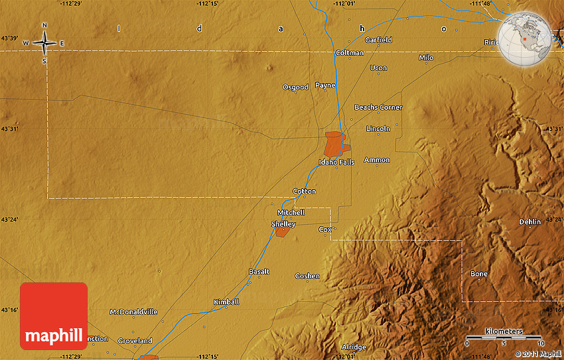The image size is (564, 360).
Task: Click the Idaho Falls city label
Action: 336,162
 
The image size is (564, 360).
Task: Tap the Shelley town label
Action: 283,224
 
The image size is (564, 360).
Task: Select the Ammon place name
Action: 377,160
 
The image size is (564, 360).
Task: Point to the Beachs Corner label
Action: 378,107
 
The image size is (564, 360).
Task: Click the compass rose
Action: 44,43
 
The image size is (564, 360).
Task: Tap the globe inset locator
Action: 526,39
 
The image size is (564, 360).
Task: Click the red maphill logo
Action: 54,316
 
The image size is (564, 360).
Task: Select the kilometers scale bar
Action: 504,337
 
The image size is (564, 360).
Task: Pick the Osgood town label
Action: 295,87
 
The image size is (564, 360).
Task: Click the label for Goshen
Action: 307,276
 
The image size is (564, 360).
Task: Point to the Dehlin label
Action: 530,221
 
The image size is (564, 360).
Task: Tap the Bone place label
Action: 479,274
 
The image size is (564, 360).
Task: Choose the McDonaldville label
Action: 133,312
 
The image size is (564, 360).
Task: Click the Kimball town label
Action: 226,302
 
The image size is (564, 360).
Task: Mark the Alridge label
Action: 354,347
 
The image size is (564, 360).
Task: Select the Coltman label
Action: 350,52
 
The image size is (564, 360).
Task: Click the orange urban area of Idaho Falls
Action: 334,143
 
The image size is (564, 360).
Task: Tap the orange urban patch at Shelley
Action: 283,231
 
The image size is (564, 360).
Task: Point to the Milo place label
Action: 426,58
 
